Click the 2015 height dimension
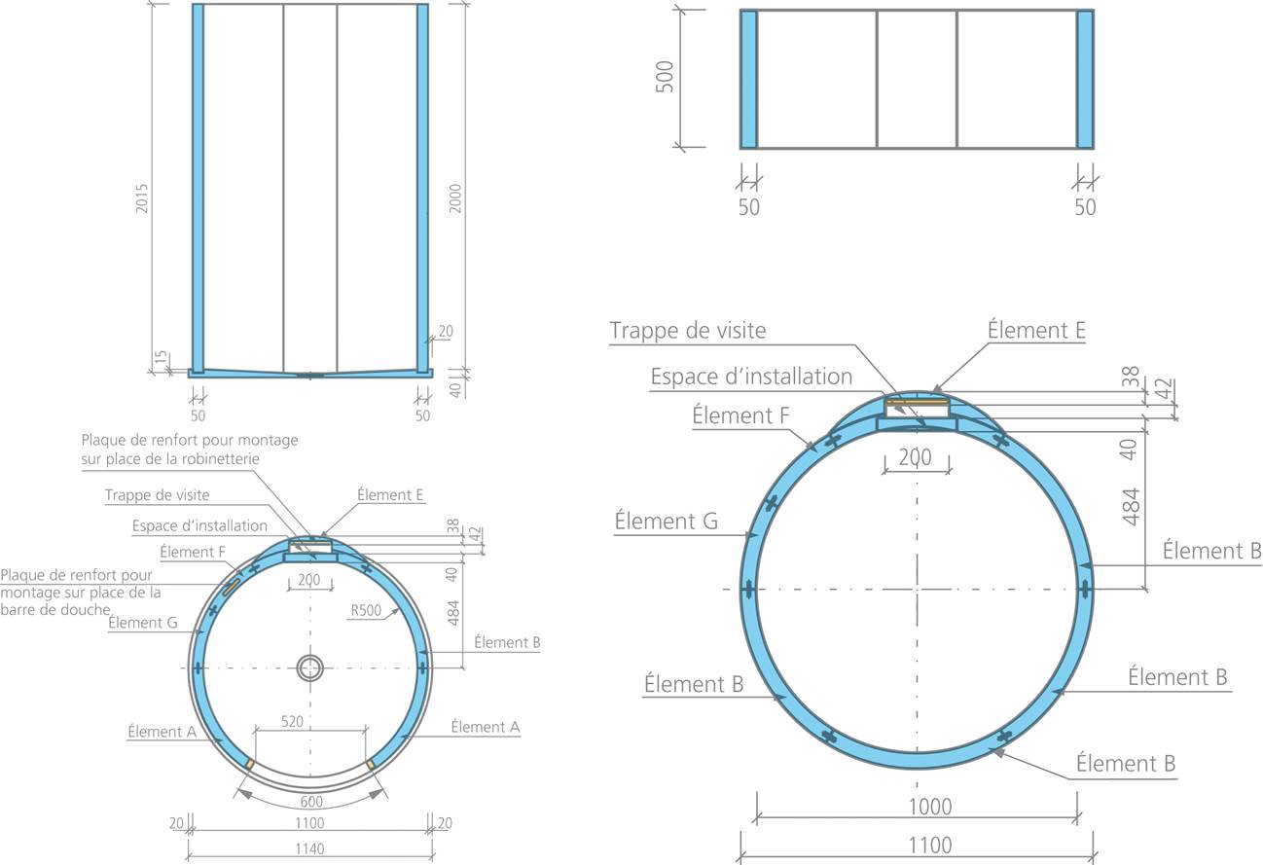[x=141, y=198]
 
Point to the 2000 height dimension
[x=455, y=198]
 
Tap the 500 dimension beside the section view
[x=665, y=77]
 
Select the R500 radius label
[x=366, y=610]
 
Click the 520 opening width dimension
[x=292, y=721]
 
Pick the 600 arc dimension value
[x=311, y=802]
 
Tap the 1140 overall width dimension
[x=309, y=848]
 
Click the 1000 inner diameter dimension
[x=930, y=807]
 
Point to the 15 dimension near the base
[x=162, y=358]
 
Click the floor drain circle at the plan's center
[x=310, y=668]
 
